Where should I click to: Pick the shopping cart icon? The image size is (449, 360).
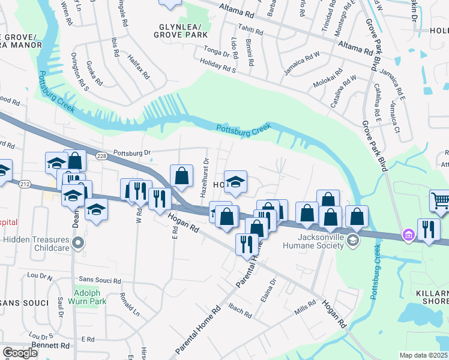point(440,200)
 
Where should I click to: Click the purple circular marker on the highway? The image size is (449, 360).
point(409,235)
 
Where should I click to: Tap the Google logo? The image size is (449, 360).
point(20,353)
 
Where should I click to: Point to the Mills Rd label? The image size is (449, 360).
point(305,308)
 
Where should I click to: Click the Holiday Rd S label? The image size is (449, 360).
point(217,70)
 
